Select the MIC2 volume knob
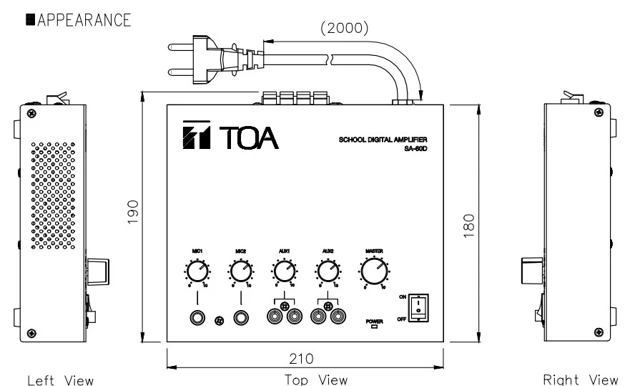[x=240, y=271]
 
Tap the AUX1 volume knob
[x=284, y=271]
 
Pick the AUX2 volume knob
[x=328, y=271]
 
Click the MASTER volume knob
[x=374, y=271]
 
